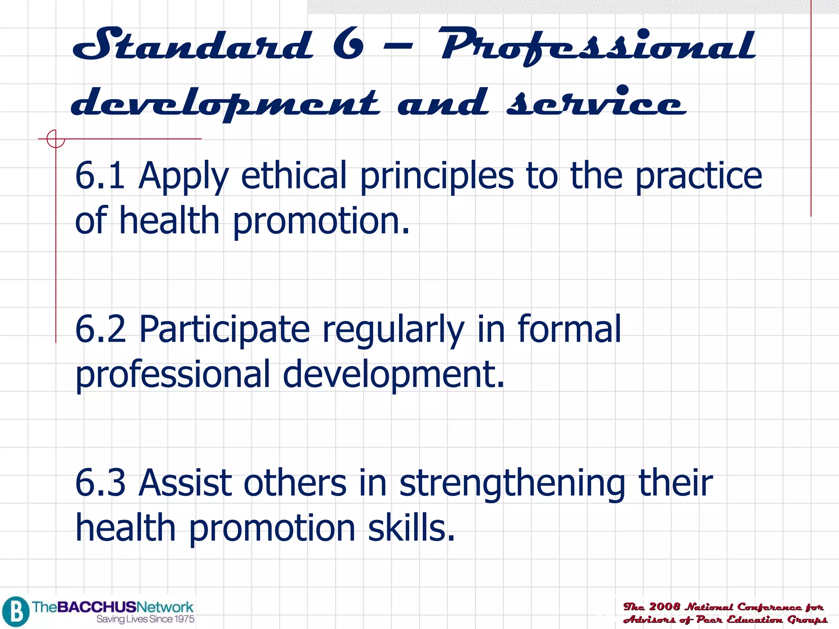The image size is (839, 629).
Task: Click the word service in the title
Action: click(596, 102)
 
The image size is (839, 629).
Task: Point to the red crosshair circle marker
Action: click(55, 139)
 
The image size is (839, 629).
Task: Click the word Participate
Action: click(224, 330)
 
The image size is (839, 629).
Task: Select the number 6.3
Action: click(100, 483)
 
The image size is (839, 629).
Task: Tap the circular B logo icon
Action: click(16, 612)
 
